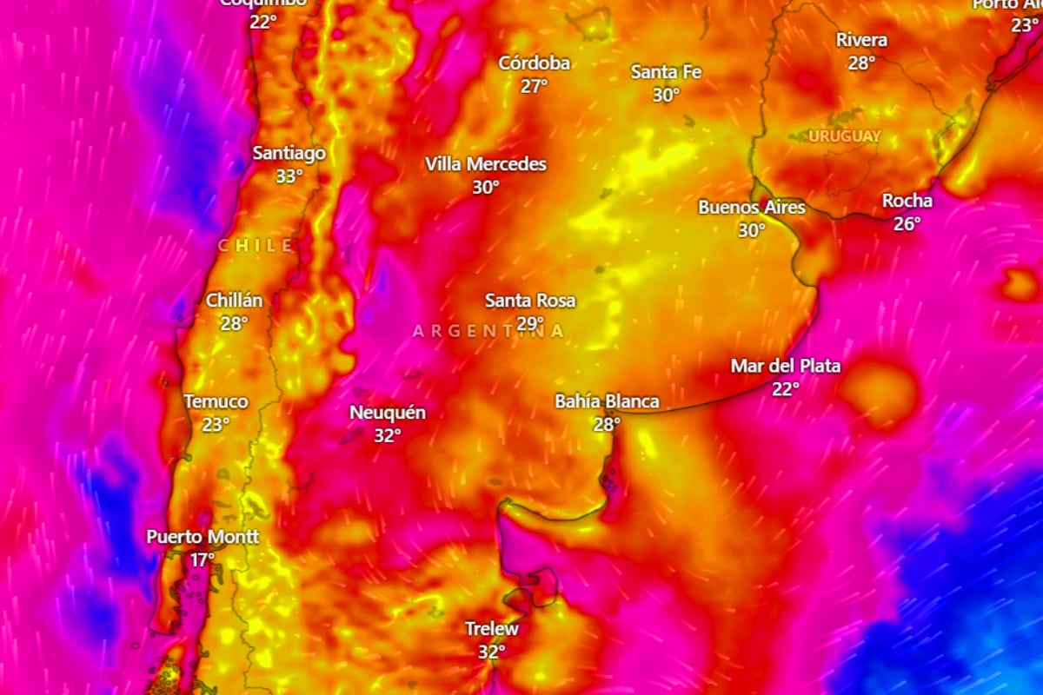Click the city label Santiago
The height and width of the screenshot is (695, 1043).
pyautogui.click(x=289, y=154)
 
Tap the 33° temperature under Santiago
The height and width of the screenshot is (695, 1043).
pyautogui.click(x=289, y=176)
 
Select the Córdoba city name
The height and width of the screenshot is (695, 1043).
pyautogui.click(x=534, y=63)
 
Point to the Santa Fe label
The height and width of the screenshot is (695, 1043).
pyautogui.click(x=666, y=72)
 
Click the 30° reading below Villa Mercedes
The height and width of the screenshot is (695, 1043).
pyautogui.click(x=486, y=187)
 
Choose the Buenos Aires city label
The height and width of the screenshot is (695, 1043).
pyautogui.click(x=752, y=208)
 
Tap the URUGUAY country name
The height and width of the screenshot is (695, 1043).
pyautogui.click(x=844, y=136)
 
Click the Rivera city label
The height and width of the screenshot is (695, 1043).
pyautogui.click(x=861, y=40)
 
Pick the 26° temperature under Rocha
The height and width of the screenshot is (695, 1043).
pyautogui.click(x=907, y=223)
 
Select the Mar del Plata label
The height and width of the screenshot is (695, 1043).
pyautogui.click(x=785, y=366)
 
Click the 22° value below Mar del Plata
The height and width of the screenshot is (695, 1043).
pyautogui.click(x=785, y=389)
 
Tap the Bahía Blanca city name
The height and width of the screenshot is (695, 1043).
pyautogui.click(x=607, y=401)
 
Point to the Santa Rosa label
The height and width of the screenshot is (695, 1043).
pyautogui.click(x=529, y=301)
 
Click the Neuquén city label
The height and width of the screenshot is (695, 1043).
pyautogui.click(x=387, y=413)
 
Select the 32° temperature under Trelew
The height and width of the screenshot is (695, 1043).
pyautogui.click(x=491, y=651)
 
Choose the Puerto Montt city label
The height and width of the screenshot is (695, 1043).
pyautogui.click(x=202, y=537)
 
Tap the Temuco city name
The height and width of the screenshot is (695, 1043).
pyautogui.click(x=216, y=401)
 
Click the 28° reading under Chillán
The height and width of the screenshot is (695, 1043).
pyautogui.click(x=234, y=322)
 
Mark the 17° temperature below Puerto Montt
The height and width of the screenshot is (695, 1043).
pyautogui.click(x=202, y=560)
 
